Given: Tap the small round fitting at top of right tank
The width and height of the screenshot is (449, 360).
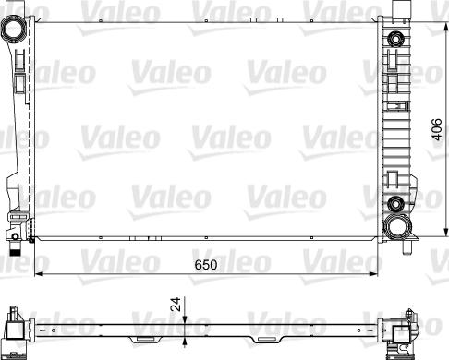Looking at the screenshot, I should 396,39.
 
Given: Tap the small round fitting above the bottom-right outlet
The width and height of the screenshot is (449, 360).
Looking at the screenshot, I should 396,204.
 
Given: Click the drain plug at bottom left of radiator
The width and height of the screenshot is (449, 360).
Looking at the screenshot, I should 17,246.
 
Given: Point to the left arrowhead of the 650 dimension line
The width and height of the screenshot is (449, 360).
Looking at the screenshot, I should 38,274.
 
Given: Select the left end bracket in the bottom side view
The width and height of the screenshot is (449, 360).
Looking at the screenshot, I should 17,329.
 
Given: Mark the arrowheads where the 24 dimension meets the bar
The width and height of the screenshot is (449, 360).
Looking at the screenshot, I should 186,323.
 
